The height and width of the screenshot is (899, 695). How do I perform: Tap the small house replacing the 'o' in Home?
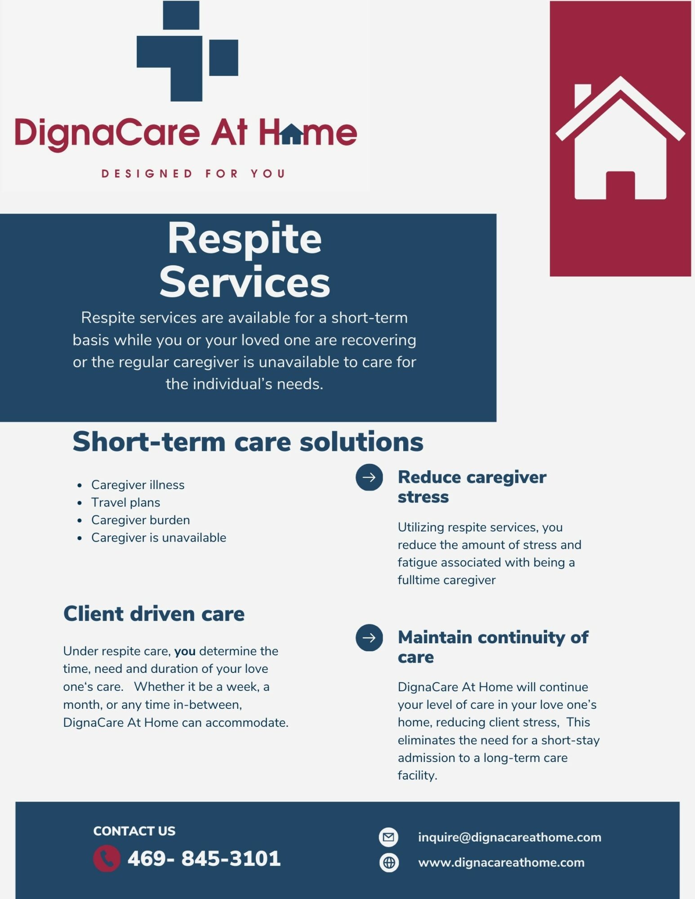[292, 134]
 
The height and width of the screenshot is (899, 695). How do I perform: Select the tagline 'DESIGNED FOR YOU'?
[193, 174]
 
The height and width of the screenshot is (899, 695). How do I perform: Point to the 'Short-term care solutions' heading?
[248, 441]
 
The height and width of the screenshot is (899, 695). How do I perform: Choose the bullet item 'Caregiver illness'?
[138, 485]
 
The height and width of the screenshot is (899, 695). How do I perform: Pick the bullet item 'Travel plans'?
[125, 502]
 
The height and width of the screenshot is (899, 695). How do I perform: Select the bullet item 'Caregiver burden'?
[140, 520]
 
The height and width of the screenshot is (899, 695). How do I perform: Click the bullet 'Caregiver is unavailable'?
[159, 537]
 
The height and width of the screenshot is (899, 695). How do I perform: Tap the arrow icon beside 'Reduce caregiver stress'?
[369, 477]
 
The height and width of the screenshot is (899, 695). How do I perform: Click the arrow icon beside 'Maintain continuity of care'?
[369, 637]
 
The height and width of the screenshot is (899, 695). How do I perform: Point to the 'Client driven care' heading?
[154, 614]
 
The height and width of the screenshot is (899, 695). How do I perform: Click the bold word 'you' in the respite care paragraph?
[185, 651]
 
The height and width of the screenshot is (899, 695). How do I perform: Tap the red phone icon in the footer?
[107, 859]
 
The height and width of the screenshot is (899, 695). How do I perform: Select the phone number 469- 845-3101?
[204, 858]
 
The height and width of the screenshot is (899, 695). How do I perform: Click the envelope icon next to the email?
[389, 837]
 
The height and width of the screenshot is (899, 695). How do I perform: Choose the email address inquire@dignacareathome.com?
[509, 837]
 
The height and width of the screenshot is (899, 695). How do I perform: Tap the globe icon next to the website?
[389, 863]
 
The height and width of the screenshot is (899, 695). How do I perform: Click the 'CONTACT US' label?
[134, 831]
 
